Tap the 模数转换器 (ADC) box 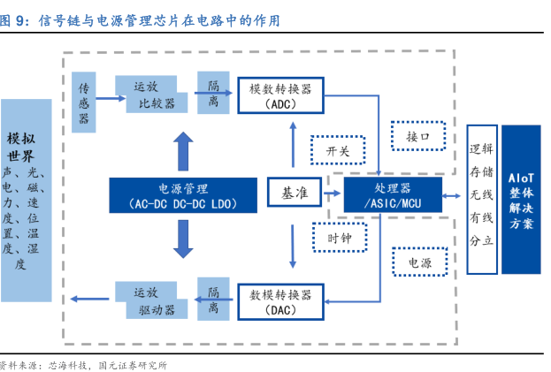point(280,95)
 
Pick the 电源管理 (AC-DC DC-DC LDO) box point(184,195)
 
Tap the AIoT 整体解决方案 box point(522,199)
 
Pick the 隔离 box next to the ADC point(213,95)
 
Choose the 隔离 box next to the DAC point(213,300)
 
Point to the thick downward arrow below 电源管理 point(183,238)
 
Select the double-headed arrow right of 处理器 point(454,195)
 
